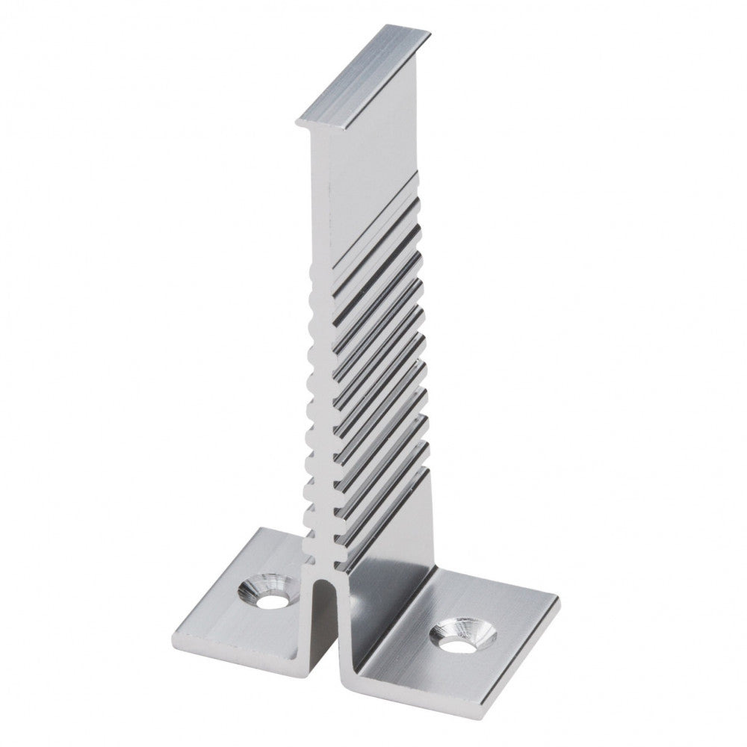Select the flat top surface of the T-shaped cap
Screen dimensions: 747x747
(x=366, y=75)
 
